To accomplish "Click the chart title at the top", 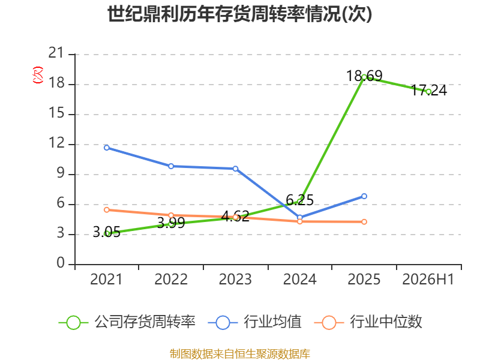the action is (239, 14).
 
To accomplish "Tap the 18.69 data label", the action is (364, 76).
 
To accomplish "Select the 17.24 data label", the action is (428, 90).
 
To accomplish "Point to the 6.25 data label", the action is (299, 200).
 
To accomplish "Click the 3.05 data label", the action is (107, 232).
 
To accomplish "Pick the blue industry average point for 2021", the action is (107, 148).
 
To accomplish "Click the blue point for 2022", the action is (171, 166).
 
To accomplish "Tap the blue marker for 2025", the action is (364, 196).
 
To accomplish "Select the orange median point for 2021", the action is (107, 210).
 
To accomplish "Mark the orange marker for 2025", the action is (364, 221).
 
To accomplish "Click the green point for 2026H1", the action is (428, 92).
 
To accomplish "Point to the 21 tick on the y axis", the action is (56, 53).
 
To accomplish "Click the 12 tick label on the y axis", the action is (56, 143).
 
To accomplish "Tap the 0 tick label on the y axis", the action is (61, 263).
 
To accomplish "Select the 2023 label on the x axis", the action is (235, 280).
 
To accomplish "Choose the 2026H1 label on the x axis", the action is (428, 280).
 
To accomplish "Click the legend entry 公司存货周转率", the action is (127, 322).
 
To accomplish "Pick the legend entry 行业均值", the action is (254, 322).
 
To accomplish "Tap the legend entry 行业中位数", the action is (368, 322).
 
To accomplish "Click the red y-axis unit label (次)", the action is (38, 75).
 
